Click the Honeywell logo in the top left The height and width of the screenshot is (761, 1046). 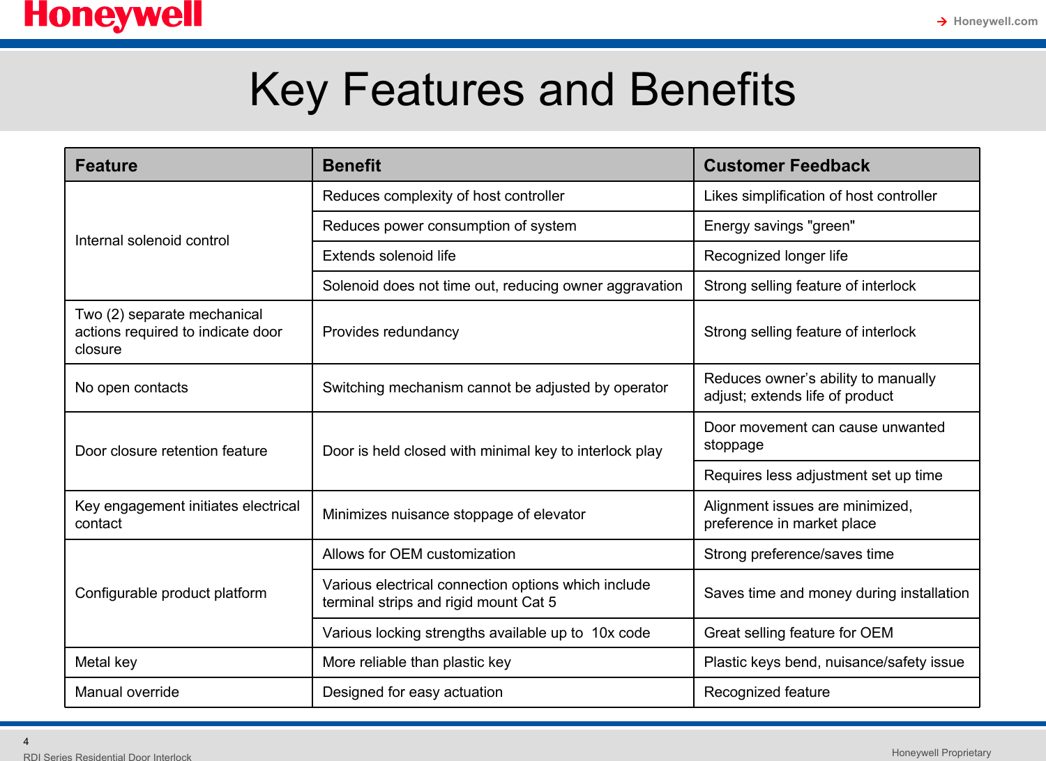click(113, 15)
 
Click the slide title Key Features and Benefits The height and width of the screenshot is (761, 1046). click(522, 90)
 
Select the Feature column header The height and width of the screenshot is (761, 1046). click(106, 166)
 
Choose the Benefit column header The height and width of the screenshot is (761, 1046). click(351, 166)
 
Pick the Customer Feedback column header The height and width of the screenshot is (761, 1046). click(787, 166)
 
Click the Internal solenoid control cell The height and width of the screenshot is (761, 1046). click(152, 240)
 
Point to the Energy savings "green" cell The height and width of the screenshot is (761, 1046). click(779, 226)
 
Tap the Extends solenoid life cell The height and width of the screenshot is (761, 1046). click(388, 256)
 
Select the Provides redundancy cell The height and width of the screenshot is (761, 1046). click(391, 332)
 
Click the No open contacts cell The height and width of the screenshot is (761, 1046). click(131, 387)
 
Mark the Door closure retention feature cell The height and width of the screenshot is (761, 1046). click(171, 451)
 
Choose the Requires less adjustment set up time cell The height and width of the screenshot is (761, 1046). click(823, 475)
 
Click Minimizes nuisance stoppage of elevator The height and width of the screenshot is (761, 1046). click(453, 514)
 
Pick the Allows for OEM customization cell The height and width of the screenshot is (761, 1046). click(418, 554)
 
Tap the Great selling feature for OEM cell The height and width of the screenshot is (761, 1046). click(798, 633)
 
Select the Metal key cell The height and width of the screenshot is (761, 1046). click(106, 662)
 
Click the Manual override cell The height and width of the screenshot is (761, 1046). click(127, 692)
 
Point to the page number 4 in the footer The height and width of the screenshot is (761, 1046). click(26, 741)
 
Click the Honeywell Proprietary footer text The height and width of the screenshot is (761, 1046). click(941, 753)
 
